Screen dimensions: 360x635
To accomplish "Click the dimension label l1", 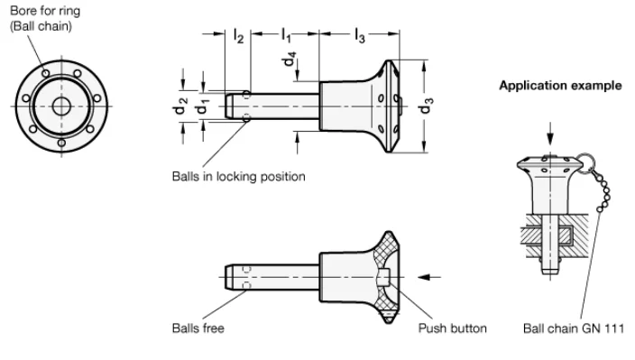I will [x=285, y=36].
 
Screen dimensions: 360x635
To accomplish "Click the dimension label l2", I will [x=237, y=36].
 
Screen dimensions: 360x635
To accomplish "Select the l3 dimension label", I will [x=359, y=36].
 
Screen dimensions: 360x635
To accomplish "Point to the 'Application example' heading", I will [x=559, y=87].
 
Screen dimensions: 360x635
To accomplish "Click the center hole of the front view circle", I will [x=61, y=106].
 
